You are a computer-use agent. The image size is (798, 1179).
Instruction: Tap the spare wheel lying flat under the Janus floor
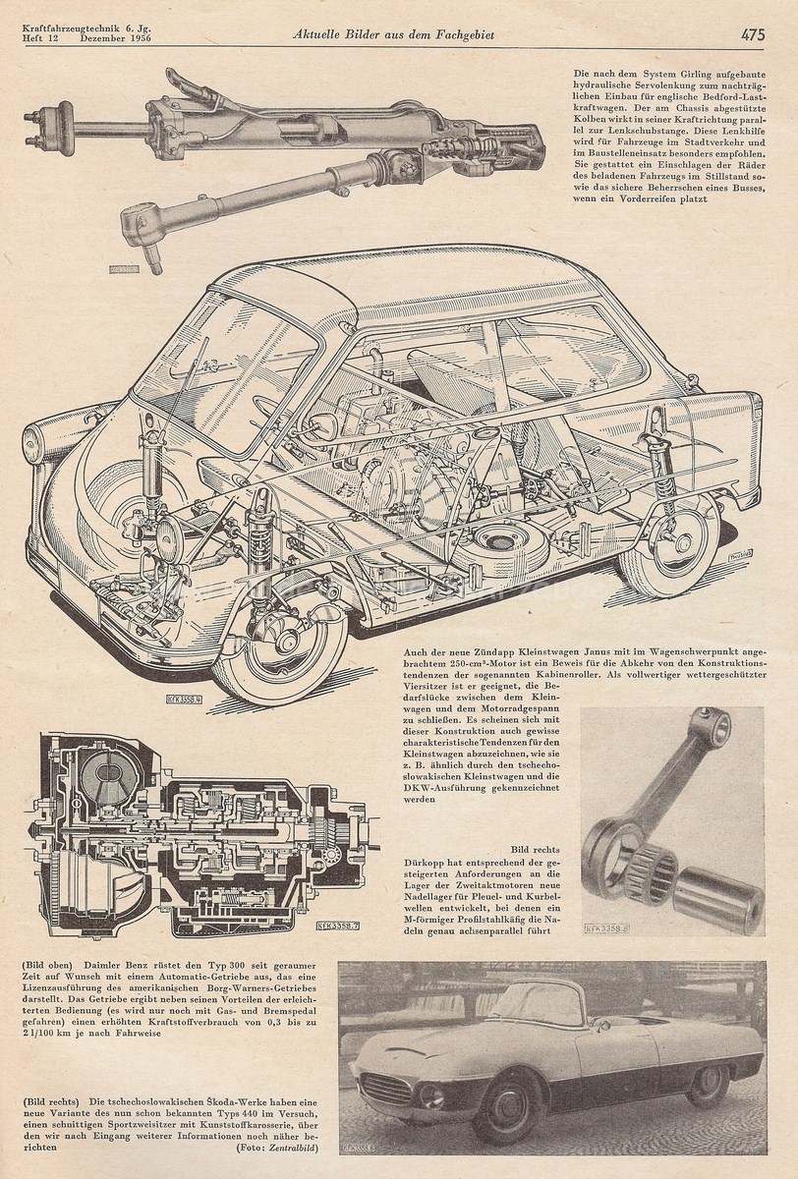(x=501, y=545)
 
